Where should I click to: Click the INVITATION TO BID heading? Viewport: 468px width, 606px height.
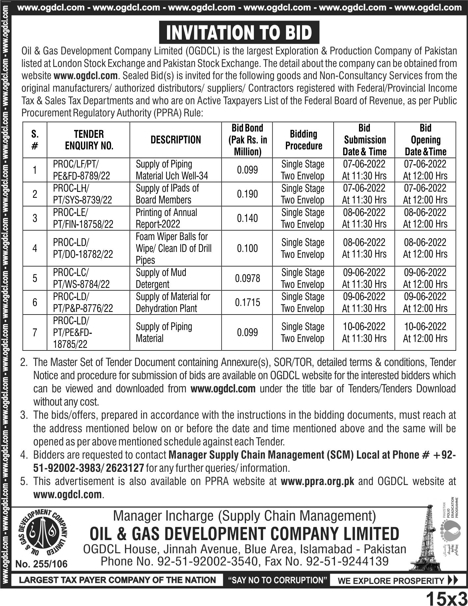click(x=239, y=32)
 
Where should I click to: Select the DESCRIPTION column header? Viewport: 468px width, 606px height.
click(x=176, y=140)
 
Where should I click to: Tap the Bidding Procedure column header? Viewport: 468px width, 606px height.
click(x=303, y=140)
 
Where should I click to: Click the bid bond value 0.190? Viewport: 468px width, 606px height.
click(x=248, y=194)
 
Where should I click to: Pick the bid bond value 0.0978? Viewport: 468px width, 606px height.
click(x=248, y=279)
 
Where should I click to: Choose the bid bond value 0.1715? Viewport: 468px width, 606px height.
click(x=248, y=302)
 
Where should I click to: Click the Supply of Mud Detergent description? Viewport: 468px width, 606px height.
click(x=161, y=279)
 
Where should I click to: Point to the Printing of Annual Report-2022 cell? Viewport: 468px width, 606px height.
click(x=166, y=218)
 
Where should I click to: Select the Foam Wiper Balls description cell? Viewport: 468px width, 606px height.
click(x=174, y=248)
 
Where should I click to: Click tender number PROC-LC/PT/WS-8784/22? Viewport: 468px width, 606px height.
click(x=82, y=279)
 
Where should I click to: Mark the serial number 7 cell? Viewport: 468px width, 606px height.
click(x=35, y=332)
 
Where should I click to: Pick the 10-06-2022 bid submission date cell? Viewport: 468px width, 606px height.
click(x=364, y=332)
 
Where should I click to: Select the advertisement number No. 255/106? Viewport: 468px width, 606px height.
click(x=41, y=564)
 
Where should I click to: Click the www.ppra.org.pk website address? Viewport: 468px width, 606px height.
click(x=317, y=482)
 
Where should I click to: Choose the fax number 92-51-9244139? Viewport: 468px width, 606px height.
click(x=347, y=561)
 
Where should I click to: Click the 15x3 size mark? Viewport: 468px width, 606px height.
click(x=446, y=597)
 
